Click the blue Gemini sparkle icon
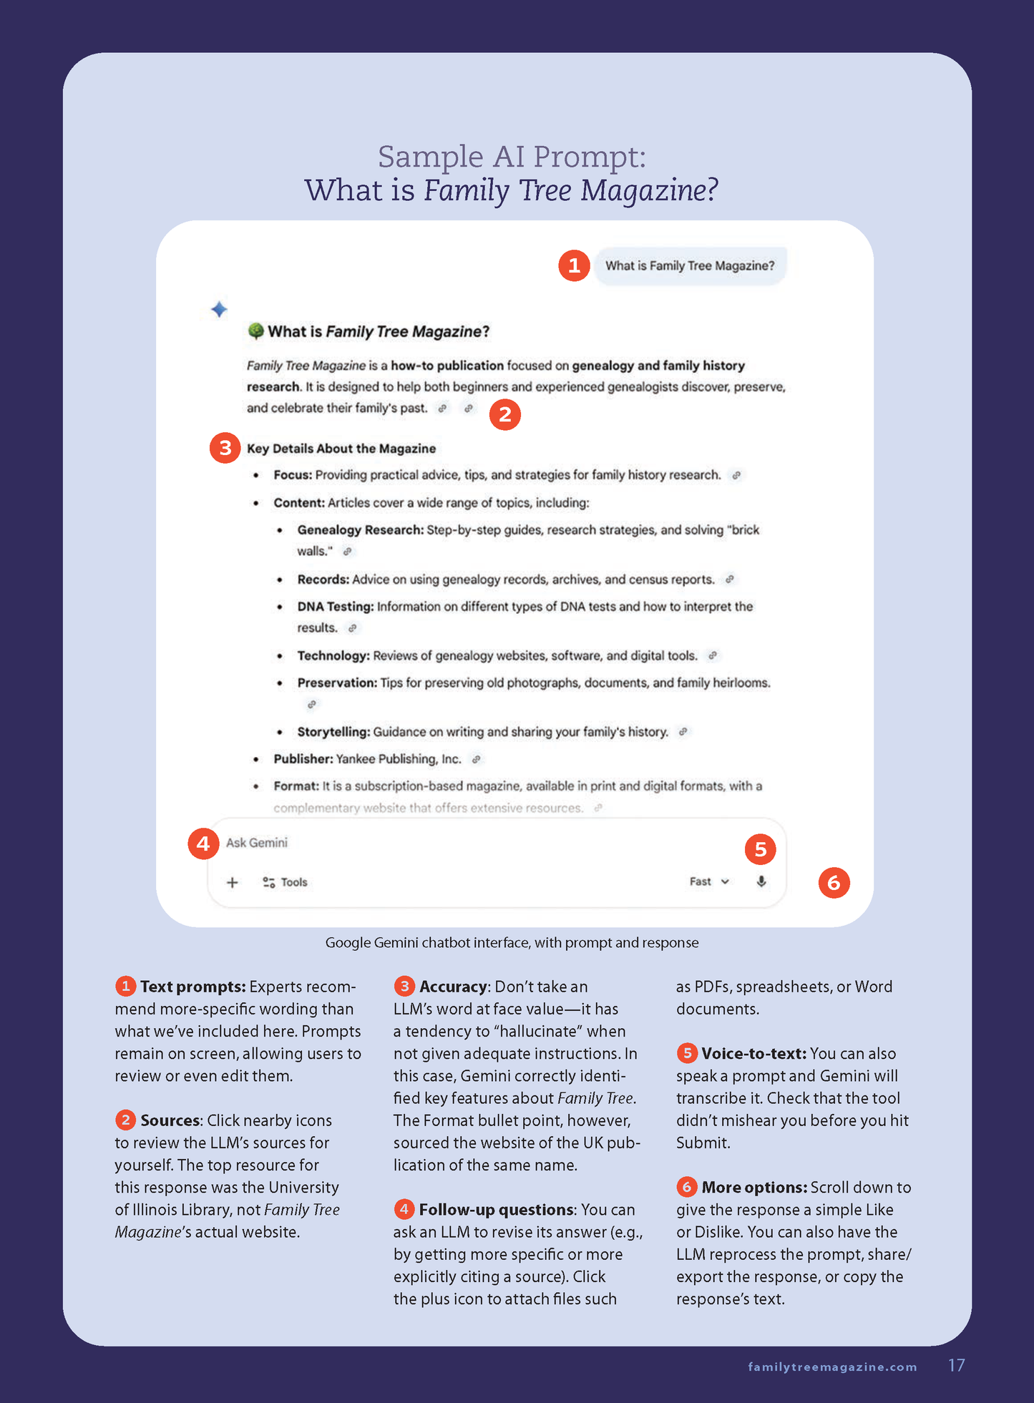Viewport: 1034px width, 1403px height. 219,309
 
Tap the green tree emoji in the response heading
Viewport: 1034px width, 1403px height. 255,331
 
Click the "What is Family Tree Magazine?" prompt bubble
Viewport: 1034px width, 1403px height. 690,266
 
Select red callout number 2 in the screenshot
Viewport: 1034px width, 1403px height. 505,414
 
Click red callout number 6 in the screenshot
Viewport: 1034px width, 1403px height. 834,883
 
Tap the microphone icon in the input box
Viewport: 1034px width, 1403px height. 761,881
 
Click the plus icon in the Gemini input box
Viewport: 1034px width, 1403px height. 232,882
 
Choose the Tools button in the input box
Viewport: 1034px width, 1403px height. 285,882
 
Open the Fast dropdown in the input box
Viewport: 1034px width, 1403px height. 709,881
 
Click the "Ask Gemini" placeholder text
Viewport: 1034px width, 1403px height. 257,843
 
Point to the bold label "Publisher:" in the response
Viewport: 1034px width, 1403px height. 303,759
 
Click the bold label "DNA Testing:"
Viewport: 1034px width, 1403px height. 336,607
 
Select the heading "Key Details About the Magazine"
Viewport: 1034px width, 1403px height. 341,449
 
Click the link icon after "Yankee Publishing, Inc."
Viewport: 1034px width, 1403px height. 476,759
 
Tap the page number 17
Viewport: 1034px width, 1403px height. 956,1365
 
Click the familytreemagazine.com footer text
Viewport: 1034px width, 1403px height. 832,1367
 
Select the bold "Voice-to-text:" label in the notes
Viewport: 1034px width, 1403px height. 753,1053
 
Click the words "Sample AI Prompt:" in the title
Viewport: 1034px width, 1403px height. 512,157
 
